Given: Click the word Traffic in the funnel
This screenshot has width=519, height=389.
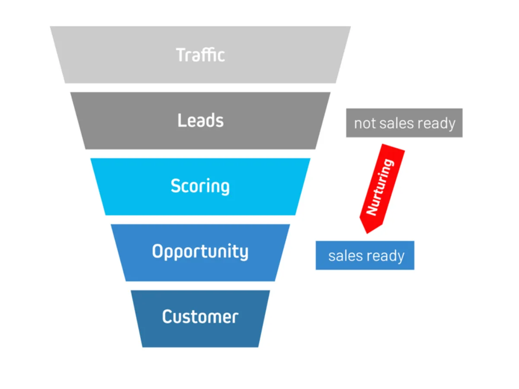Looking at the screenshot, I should point(200,55).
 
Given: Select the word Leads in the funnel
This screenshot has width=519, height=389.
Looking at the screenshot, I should point(200,121).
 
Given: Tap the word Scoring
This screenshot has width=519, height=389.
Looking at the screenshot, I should point(200,186).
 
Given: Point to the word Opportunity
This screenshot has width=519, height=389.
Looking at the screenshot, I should point(200,252).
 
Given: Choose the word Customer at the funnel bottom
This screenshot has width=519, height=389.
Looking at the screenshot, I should point(200,317).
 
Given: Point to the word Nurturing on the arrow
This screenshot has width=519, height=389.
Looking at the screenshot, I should point(380,187).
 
